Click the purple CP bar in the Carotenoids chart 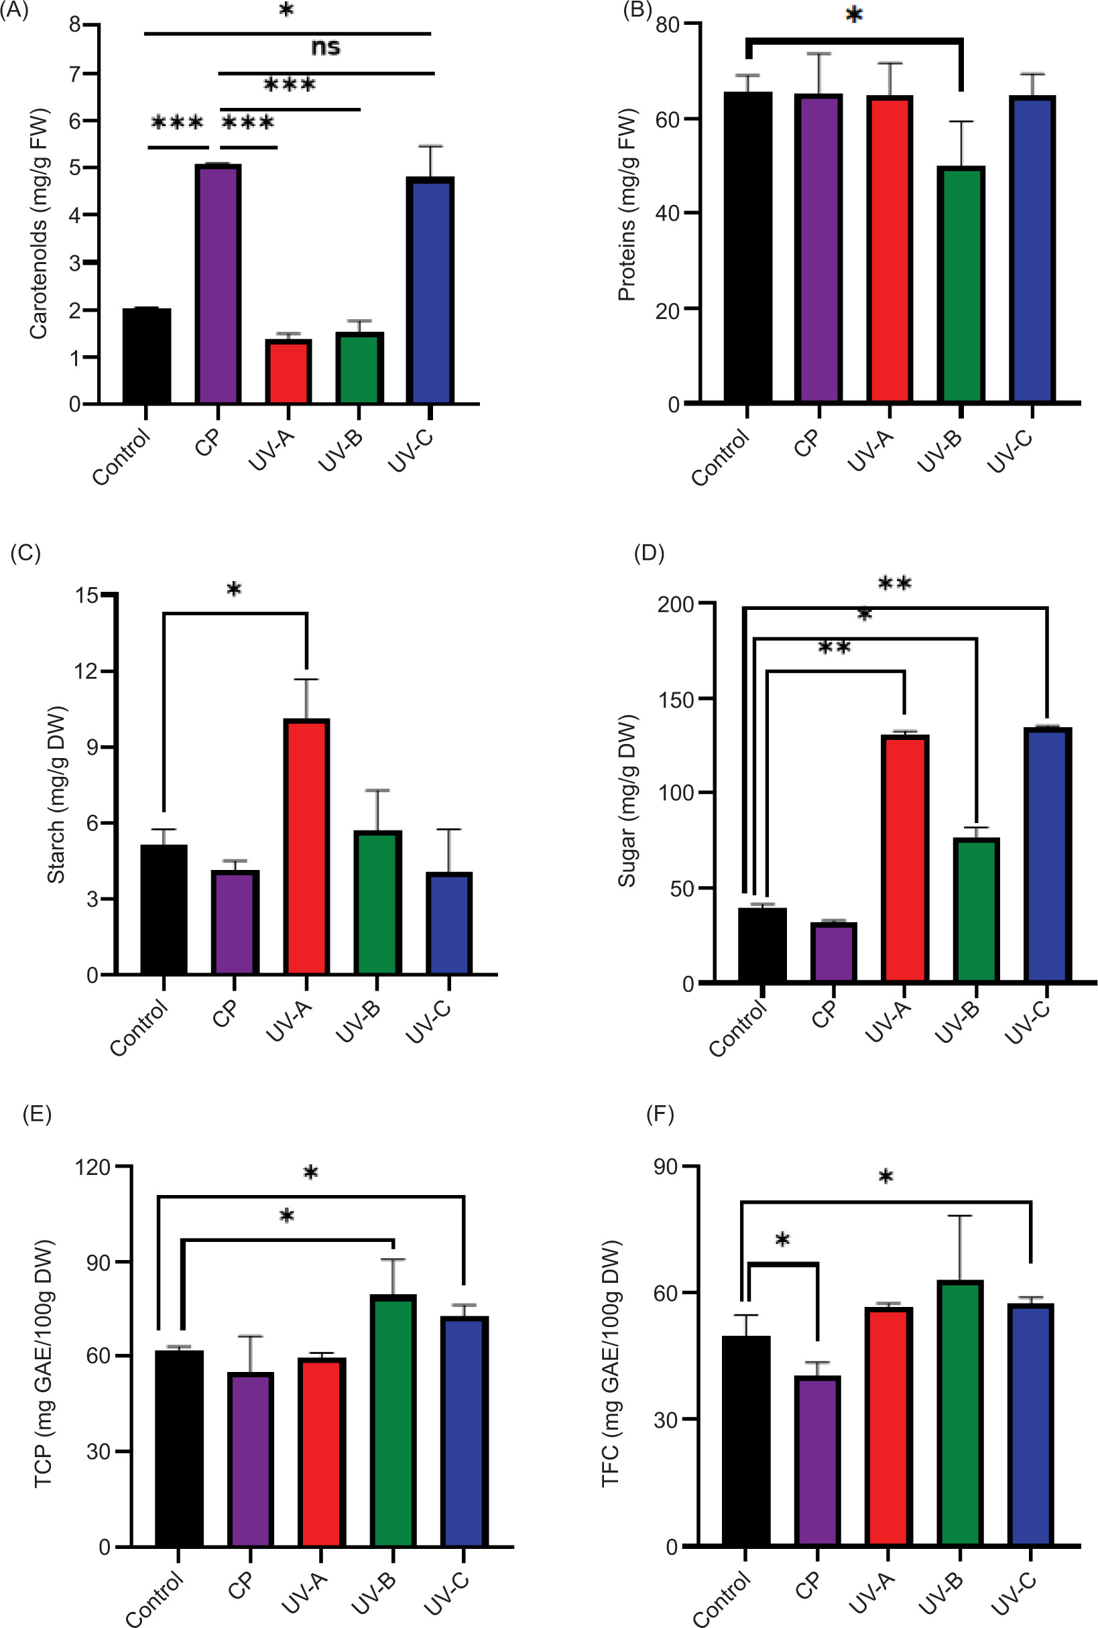pos(218,284)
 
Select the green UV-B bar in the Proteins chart pos(961,284)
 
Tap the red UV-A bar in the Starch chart pos(307,847)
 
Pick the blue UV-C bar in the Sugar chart pos(1048,855)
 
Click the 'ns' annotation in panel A pos(326,48)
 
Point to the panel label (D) pos(648,553)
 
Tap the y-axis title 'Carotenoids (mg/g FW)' pos(38,223)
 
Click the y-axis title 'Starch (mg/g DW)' pos(56,795)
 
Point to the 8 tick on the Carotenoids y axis pos(75,25)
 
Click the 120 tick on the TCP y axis pos(93,1167)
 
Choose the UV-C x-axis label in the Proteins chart pos(1010,451)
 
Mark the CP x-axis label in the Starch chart pos(225,1013)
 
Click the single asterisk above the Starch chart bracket pos(234,590)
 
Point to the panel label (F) pos(660,1114)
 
